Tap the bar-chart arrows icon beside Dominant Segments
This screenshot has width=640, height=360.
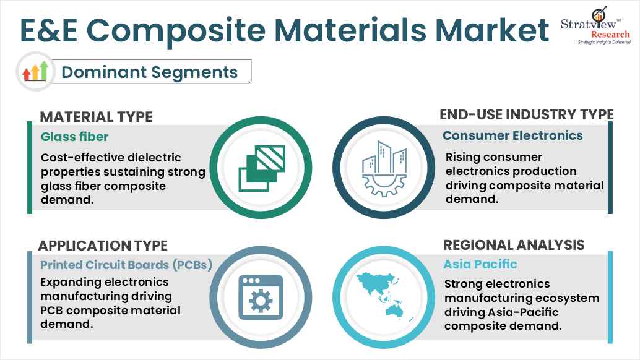(35, 72)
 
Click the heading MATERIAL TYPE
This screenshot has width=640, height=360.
(96, 117)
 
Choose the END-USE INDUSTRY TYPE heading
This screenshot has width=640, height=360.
(526, 114)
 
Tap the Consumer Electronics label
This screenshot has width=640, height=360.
(512, 135)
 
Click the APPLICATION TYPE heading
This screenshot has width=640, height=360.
(103, 246)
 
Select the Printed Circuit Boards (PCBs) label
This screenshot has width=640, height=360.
(126, 265)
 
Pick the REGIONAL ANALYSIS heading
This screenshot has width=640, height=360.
(514, 245)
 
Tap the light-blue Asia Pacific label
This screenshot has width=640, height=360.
(480, 264)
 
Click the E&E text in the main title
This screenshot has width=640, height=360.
(51, 31)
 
